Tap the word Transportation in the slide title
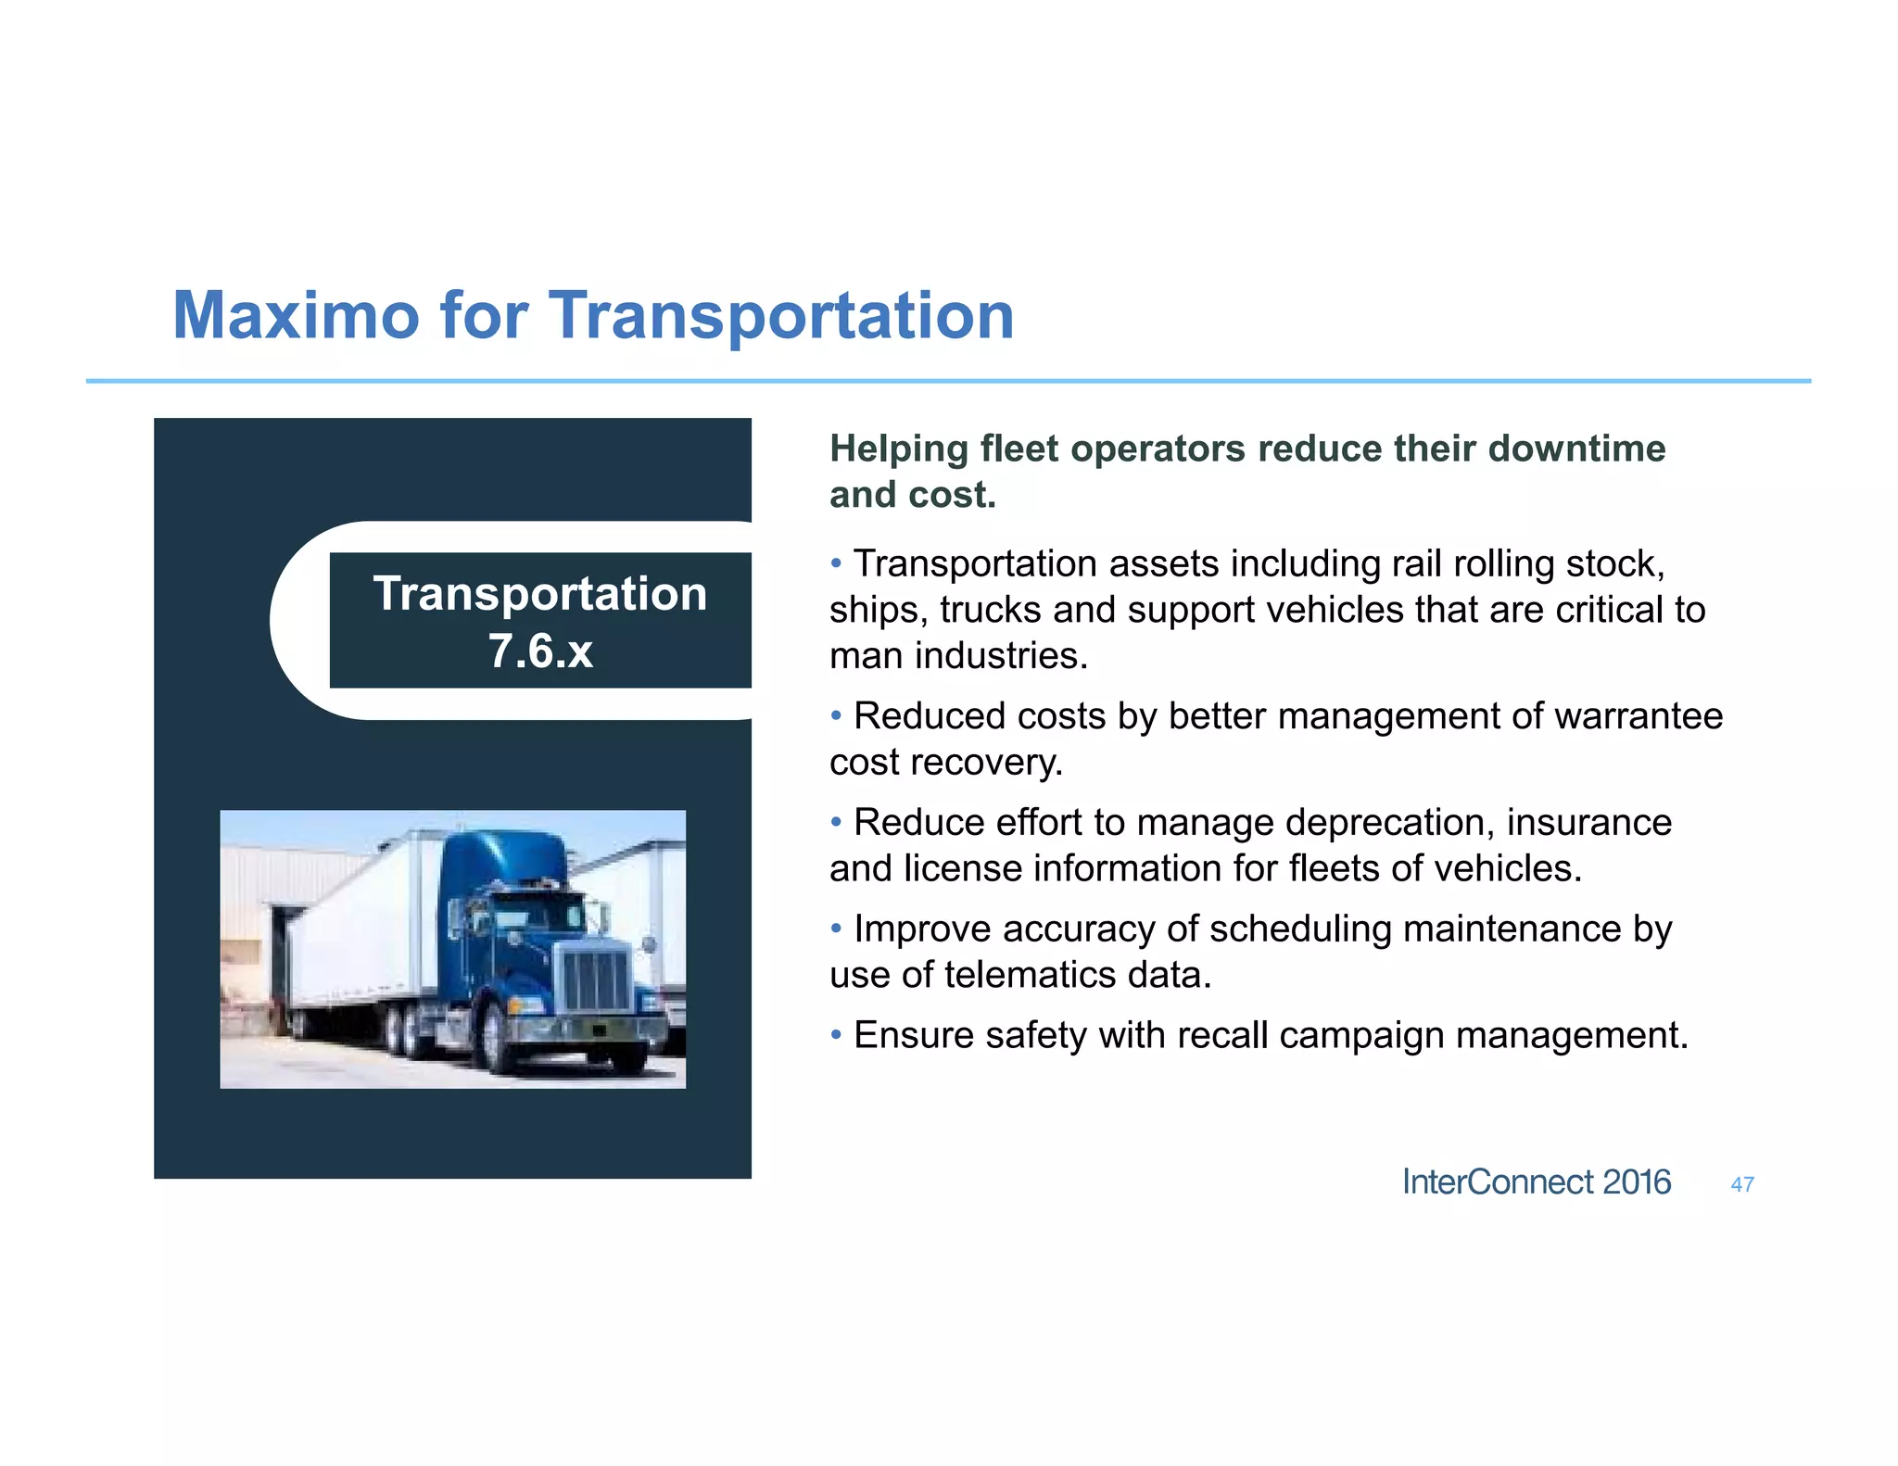click(x=781, y=317)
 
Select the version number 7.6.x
click(x=540, y=651)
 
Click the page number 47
click(x=1741, y=1184)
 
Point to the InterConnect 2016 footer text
click(x=1536, y=1182)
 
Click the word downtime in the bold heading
click(x=1576, y=449)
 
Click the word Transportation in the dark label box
click(x=539, y=594)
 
